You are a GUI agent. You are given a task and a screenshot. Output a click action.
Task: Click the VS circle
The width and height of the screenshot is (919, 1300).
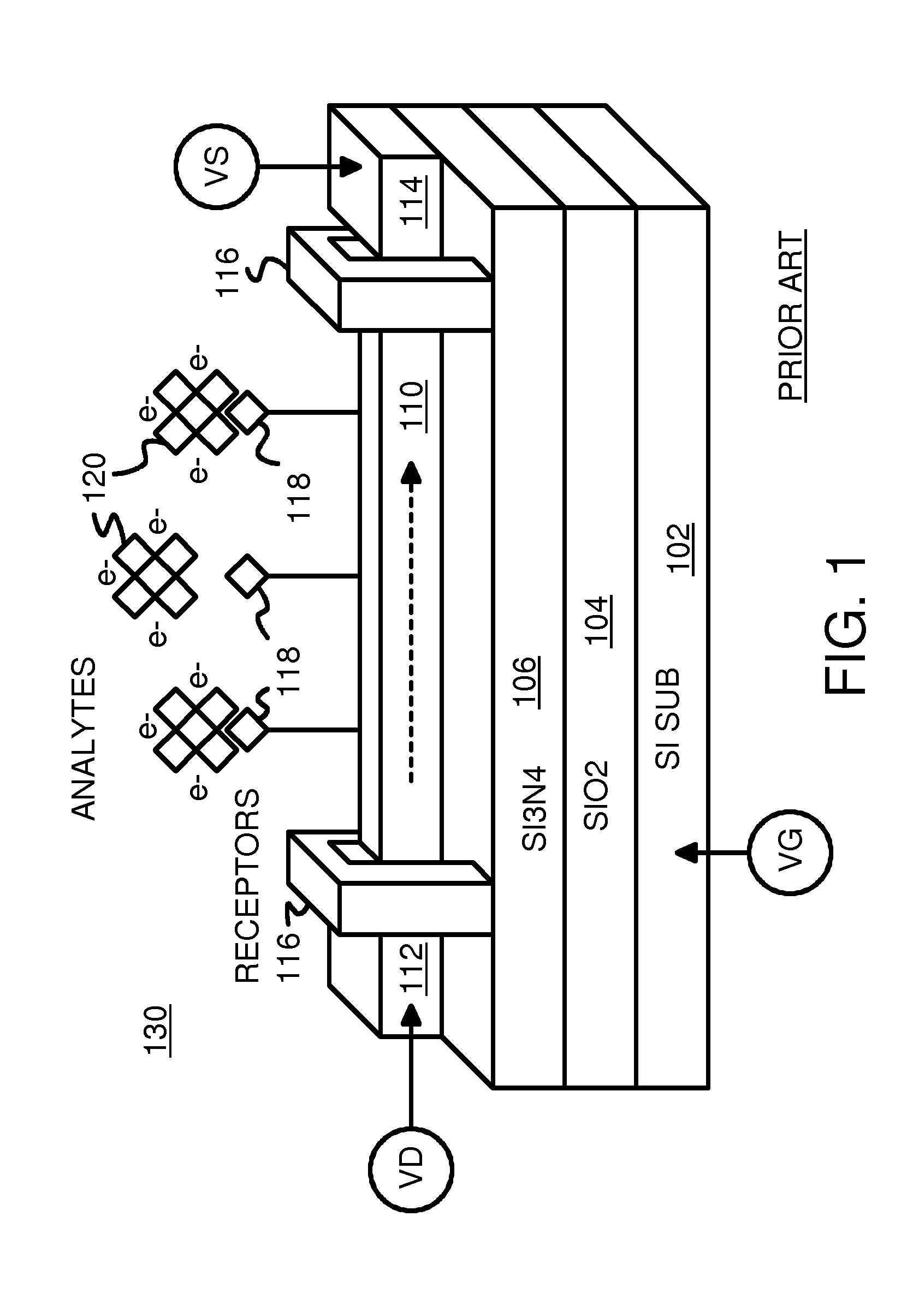click(x=216, y=165)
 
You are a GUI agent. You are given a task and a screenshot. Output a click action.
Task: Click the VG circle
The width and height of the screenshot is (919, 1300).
click(x=790, y=852)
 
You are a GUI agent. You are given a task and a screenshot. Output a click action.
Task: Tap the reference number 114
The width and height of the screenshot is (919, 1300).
click(x=412, y=201)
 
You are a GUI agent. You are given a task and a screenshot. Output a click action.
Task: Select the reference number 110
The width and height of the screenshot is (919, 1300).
click(x=412, y=407)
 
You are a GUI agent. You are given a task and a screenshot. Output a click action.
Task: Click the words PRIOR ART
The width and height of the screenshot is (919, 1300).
click(x=791, y=315)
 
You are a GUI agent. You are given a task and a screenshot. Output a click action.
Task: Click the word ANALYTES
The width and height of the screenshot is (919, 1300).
click(x=84, y=738)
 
